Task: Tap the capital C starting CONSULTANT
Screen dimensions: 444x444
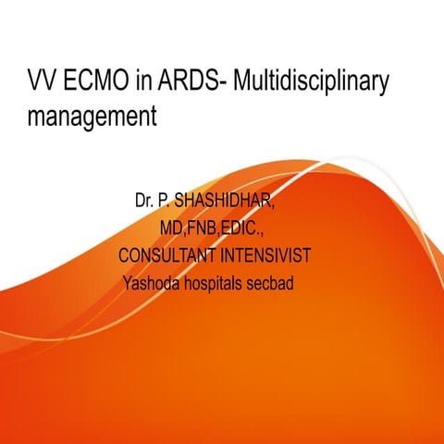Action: [124, 253]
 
